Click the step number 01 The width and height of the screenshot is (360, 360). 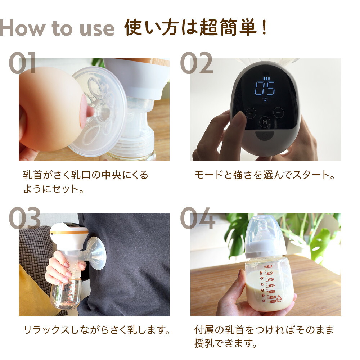(x=22, y=63)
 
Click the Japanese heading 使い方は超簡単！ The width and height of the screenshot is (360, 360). (x=196, y=28)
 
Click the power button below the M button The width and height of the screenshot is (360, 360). (x=265, y=136)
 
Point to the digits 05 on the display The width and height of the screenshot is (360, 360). (x=265, y=87)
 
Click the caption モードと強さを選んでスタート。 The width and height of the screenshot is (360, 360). (x=265, y=175)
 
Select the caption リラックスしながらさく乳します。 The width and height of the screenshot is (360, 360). (x=96, y=330)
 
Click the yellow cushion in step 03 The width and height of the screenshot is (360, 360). (x=32, y=288)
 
